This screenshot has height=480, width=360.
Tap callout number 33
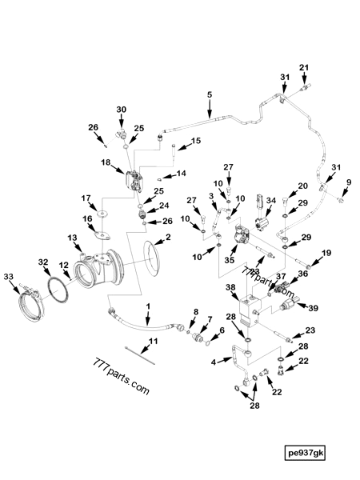click(x=10, y=277)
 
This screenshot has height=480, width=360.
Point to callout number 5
click(x=210, y=96)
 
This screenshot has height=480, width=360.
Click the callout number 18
click(x=106, y=162)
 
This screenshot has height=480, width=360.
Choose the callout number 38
click(x=230, y=287)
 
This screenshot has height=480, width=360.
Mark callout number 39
click(x=314, y=308)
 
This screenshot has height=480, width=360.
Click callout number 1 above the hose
click(x=147, y=306)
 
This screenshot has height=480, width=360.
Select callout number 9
click(x=348, y=183)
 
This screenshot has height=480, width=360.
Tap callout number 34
click(x=271, y=201)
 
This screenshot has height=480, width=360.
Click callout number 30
click(x=122, y=110)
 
